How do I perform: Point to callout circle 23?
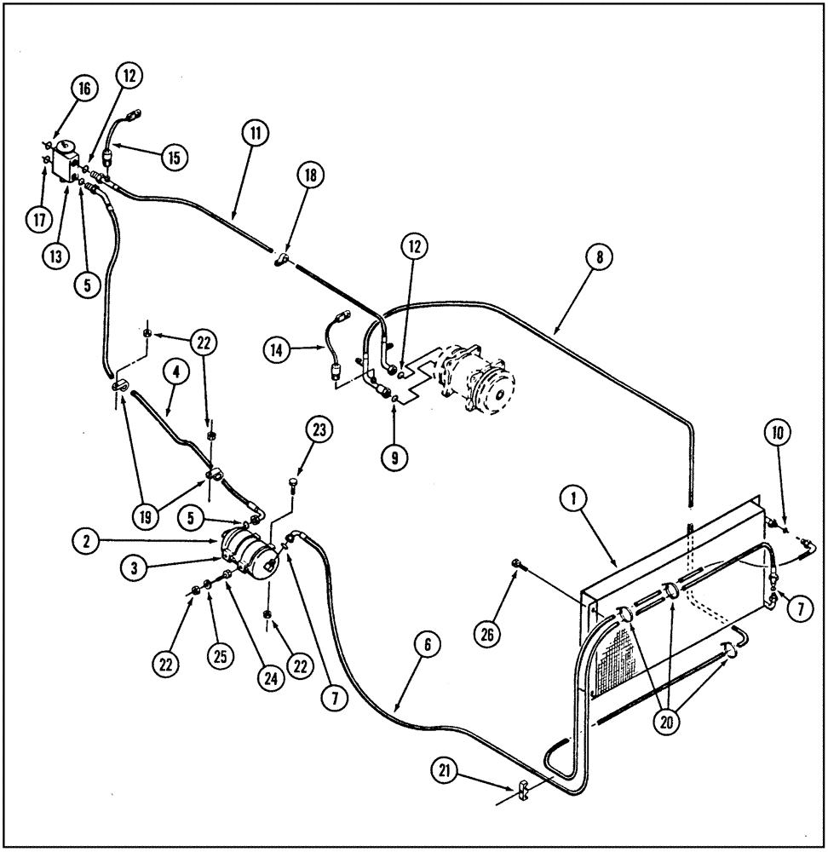pos(319,432)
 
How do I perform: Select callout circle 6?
pos(429,647)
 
